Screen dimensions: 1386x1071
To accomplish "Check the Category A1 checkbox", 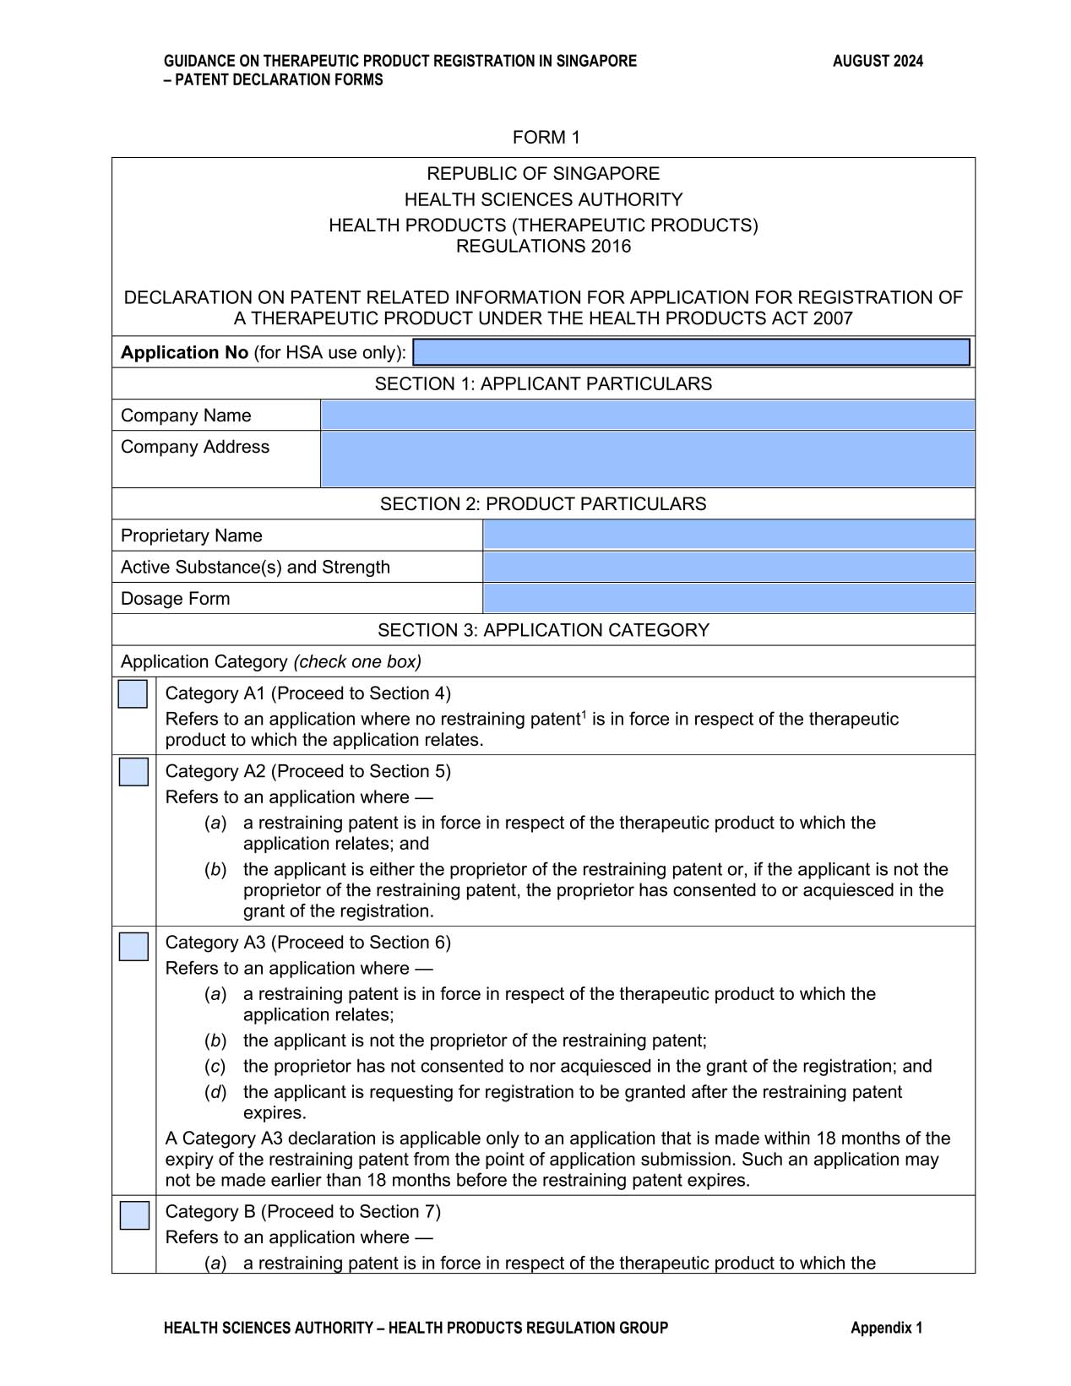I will point(133,693).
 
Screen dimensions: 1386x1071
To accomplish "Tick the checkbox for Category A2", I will point(133,772).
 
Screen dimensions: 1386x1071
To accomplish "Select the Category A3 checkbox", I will point(133,946).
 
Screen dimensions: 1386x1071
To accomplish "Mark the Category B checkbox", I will point(134,1215).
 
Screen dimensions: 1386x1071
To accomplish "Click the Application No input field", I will point(691,352).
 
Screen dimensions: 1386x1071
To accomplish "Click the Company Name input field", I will point(647,416).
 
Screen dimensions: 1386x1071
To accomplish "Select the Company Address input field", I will point(647,459).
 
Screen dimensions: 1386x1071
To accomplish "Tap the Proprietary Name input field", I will point(728,535).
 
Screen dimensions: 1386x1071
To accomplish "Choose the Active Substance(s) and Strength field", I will point(728,567).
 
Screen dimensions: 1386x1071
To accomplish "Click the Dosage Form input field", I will point(728,598).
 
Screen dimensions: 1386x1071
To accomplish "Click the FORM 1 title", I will point(546,138).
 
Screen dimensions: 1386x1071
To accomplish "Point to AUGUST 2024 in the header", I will point(878,61).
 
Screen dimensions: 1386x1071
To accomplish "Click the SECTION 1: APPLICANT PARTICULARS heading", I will point(543,384).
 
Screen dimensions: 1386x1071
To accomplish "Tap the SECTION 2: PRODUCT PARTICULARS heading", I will point(543,504).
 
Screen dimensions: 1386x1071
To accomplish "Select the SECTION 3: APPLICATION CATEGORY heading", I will point(543,630).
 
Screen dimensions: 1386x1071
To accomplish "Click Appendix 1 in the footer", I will point(886,1328).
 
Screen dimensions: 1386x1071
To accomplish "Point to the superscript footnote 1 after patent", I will point(583,715).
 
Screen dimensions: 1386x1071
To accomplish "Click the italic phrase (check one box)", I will point(357,662).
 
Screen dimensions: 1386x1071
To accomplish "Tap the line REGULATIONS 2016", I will point(543,247).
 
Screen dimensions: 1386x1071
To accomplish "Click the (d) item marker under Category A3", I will point(215,1092).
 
